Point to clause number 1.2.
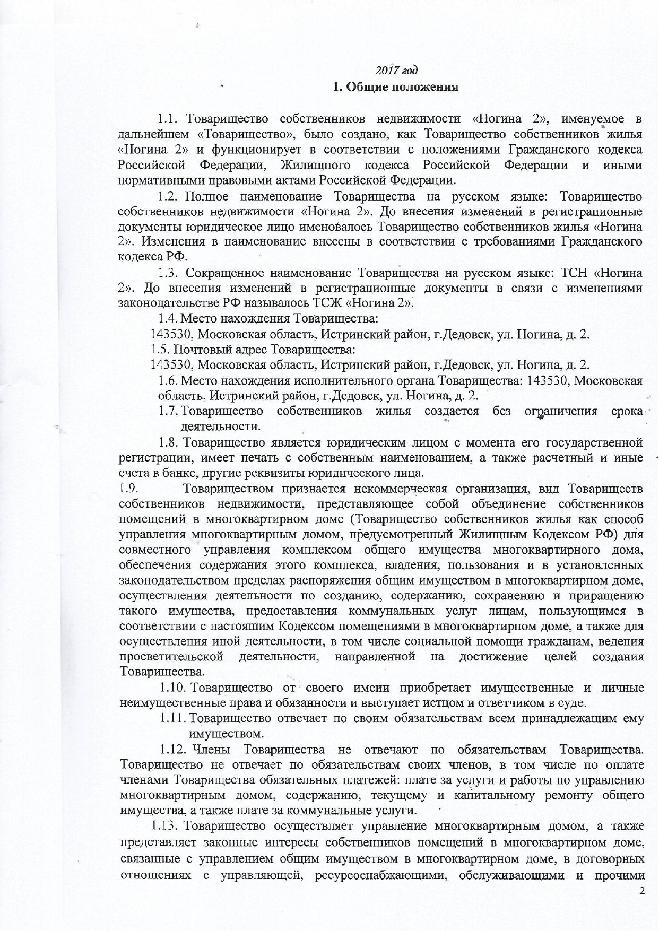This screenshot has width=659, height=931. point(168,197)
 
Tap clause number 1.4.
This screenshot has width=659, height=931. point(168,319)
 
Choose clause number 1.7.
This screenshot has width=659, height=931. point(168,411)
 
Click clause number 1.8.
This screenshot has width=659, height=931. point(168,442)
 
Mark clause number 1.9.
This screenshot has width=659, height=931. point(128,488)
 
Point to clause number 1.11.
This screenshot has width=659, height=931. point(172,719)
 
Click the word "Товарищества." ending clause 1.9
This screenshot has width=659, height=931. point(153,672)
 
